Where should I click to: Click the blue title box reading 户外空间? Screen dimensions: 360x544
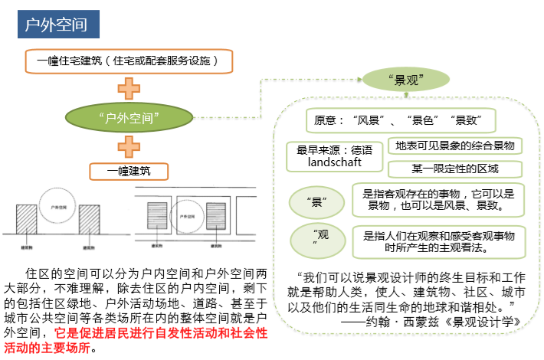pyautogui.click(x=57, y=25)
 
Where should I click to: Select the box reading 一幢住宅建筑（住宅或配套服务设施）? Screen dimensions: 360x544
pyautogui.click(x=127, y=61)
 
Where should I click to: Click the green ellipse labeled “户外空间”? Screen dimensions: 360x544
pyautogui.click(x=129, y=117)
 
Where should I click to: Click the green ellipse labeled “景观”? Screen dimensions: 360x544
pyautogui.click(x=406, y=79)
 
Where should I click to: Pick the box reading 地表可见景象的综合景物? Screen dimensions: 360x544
pyautogui.click(x=455, y=146)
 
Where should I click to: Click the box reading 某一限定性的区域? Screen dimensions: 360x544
pyautogui.click(x=455, y=169)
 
